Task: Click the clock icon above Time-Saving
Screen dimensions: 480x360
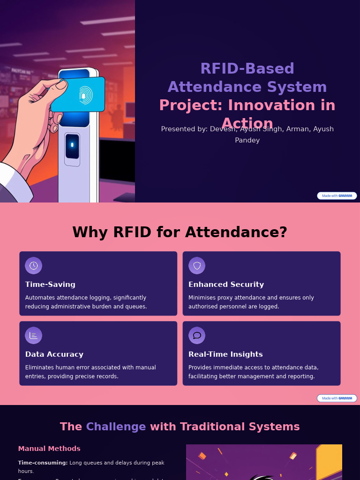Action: tap(33, 266)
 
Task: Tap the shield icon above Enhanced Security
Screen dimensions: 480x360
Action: tap(197, 266)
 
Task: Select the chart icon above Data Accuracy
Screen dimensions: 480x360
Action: tap(33, 336)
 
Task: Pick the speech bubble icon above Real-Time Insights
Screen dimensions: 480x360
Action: tap(197, 336)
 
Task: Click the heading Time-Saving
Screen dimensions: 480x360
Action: tap(50, 285)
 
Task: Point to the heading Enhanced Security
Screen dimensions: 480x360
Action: tap(226, 285)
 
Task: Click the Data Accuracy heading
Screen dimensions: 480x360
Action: tap(54, 354)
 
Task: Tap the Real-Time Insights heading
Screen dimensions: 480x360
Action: tap(225, 354)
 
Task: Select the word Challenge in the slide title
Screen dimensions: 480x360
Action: tap(116, 427)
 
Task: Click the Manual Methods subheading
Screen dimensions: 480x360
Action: tap(49, 449)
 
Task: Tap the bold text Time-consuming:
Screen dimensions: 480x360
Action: tap(43, 463)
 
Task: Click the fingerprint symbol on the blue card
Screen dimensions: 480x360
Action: tap(85, 95)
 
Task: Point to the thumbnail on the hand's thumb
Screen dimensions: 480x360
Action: tap(61, 85)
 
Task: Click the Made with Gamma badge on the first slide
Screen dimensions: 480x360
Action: tap(337, 195)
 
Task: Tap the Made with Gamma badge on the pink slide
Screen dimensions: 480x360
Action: tap(337, 398)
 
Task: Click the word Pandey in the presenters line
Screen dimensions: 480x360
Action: tap(247, 140)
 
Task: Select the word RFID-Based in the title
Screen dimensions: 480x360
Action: tap(247, 69)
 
